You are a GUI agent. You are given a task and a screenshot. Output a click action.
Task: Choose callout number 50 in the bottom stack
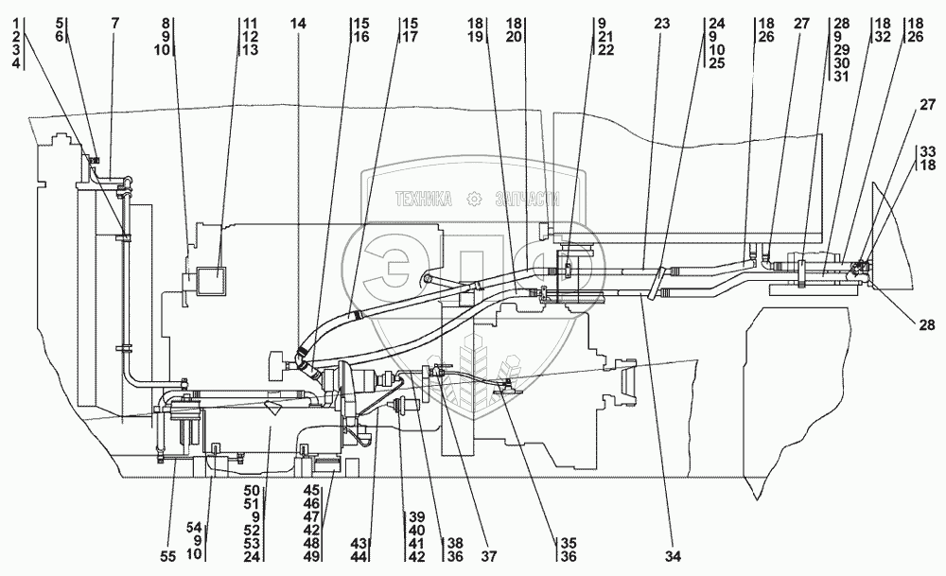(x=252, y=491)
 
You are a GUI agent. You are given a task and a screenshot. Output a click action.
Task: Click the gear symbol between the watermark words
(x=473, y=199)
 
